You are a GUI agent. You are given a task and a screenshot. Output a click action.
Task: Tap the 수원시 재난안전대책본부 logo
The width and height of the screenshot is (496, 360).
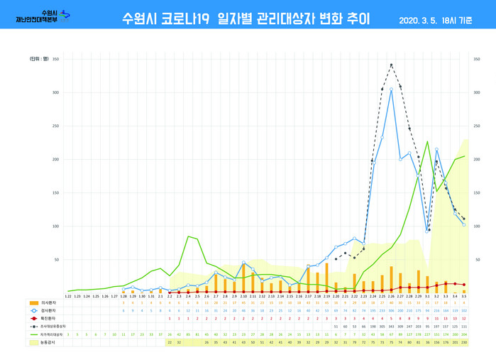click(x=43, y=16)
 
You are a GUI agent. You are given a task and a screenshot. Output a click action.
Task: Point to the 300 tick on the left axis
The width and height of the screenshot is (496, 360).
click(x=56, y=92)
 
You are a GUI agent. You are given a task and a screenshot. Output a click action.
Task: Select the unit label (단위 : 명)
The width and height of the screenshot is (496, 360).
click(x=40, y=59)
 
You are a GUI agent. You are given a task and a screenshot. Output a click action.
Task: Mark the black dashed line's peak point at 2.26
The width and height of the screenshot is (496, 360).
click(x=391, y=65)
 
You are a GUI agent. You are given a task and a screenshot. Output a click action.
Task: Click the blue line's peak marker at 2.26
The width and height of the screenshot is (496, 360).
click(x=391, y=89)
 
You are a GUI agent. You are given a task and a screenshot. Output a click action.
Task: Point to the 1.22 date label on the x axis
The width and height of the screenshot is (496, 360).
click(x=68, y=296)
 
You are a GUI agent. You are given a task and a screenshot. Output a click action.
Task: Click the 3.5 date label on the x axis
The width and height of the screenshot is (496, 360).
click(x=464, y=296)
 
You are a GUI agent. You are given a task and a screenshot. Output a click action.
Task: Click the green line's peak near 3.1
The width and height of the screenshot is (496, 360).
click(x=427, y=141)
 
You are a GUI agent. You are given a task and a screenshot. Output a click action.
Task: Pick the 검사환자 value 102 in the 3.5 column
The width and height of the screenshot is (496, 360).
click(x=464, y=310)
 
